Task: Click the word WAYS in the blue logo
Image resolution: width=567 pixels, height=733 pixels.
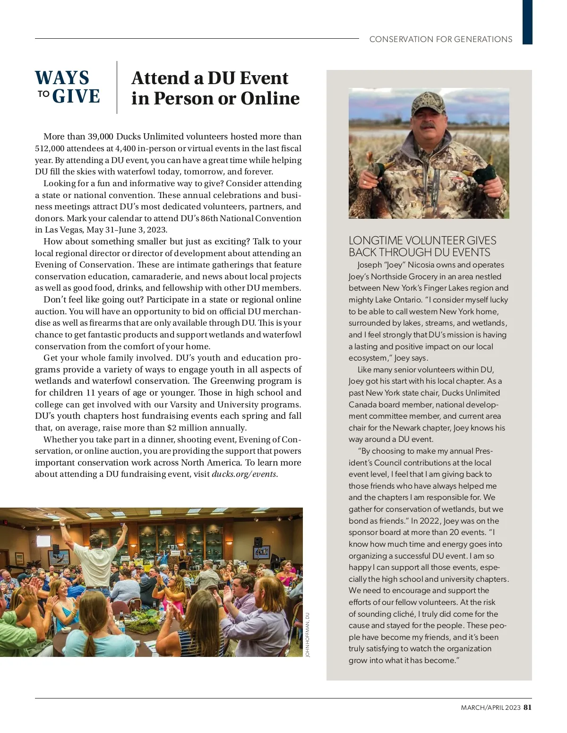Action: [62, 78]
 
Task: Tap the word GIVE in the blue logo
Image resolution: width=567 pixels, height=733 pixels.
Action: [76, 96]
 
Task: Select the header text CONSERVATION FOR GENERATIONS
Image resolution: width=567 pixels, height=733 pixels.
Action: [440, 39]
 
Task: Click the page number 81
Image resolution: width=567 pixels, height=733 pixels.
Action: [528, 707]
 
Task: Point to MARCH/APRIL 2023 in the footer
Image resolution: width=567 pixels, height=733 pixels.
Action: [490, 707]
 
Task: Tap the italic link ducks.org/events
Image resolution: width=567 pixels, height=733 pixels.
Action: [244, 474]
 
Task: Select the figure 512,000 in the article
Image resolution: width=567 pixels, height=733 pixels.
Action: [50, 148]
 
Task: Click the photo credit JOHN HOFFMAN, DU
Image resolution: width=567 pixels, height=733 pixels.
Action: [307, 635]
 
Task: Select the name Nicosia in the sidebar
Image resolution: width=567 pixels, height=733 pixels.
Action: [423, 265]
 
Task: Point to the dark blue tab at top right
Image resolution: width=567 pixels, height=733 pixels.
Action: [527, 22]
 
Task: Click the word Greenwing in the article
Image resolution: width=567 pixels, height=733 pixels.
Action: [231, 381]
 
